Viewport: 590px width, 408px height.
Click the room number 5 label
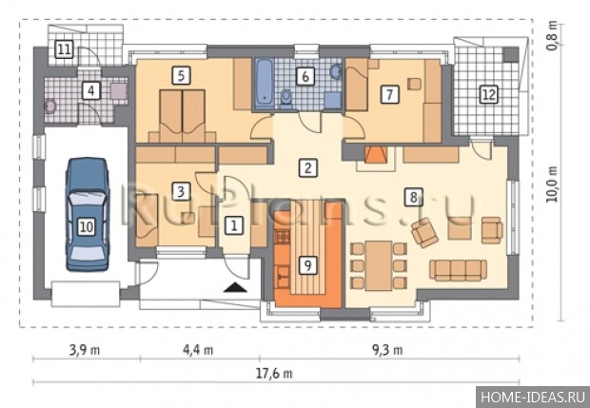click(182, 75)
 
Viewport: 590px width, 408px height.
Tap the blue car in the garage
click(88, 214)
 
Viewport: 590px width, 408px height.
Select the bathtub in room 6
click(265, 83)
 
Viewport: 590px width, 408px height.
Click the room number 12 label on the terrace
click(489, 94)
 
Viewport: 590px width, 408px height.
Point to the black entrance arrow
click(235, 287)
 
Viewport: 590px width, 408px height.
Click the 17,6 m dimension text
click(274, 374)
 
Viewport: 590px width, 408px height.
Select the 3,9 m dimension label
click(85, 350)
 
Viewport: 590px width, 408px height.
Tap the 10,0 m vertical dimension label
click(552, 185)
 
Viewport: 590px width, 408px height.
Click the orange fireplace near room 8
click(375, 155)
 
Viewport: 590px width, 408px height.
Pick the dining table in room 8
click(379, 265)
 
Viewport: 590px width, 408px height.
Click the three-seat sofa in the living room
click(458, 270)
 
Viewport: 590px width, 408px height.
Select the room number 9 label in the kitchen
click(307, 265)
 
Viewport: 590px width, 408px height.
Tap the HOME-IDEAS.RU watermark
click(533, 398)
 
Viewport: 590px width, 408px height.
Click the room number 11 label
click(64, 49)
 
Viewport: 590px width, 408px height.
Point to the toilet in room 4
click(50, 107)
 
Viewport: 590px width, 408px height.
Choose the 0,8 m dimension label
click(552, 35)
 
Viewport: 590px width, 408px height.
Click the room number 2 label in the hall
click(307, 167)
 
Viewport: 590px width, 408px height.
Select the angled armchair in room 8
click(424, 232)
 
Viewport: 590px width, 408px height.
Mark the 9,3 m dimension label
click(387, 350)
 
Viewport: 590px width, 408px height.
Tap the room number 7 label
click(389, 94)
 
